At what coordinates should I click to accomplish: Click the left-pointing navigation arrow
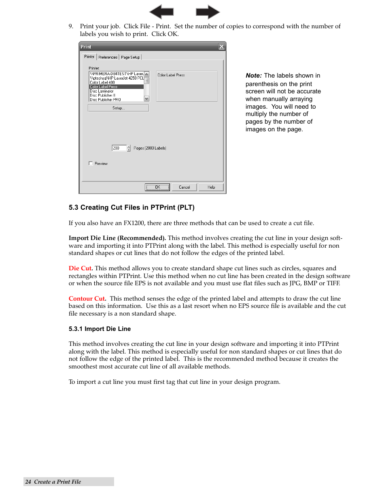(x=161, y=12)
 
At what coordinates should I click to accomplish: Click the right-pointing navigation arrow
(x=208, y=12)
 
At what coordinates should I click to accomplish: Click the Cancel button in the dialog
(x=184, y=187)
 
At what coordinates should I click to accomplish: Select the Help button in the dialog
(x=211, y=187)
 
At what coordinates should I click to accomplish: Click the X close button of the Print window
(x=221, y=47)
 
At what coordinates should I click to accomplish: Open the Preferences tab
(x=108, y=57)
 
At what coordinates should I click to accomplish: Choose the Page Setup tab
(x=130, y=57)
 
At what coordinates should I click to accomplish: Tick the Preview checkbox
(x=91, y=163)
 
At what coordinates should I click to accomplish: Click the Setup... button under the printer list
(x=118, y=108)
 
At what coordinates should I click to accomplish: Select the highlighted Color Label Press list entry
(x=116, y=86)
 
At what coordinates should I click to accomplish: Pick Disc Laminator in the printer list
(x=102, y=91)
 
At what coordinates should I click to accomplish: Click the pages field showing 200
(x=119, y=148)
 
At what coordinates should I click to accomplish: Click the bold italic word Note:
(x=254, y=76)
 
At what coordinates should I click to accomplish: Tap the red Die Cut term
(x=80, y=268)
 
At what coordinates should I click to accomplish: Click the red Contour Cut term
(x=87, y=299)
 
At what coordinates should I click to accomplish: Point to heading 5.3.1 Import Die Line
(x=100, y=329)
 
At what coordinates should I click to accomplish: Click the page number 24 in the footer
(x=28, y=482)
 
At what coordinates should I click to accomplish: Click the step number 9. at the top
(x=71, y=26)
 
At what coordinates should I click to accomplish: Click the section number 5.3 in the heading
(x=73, y=207)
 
